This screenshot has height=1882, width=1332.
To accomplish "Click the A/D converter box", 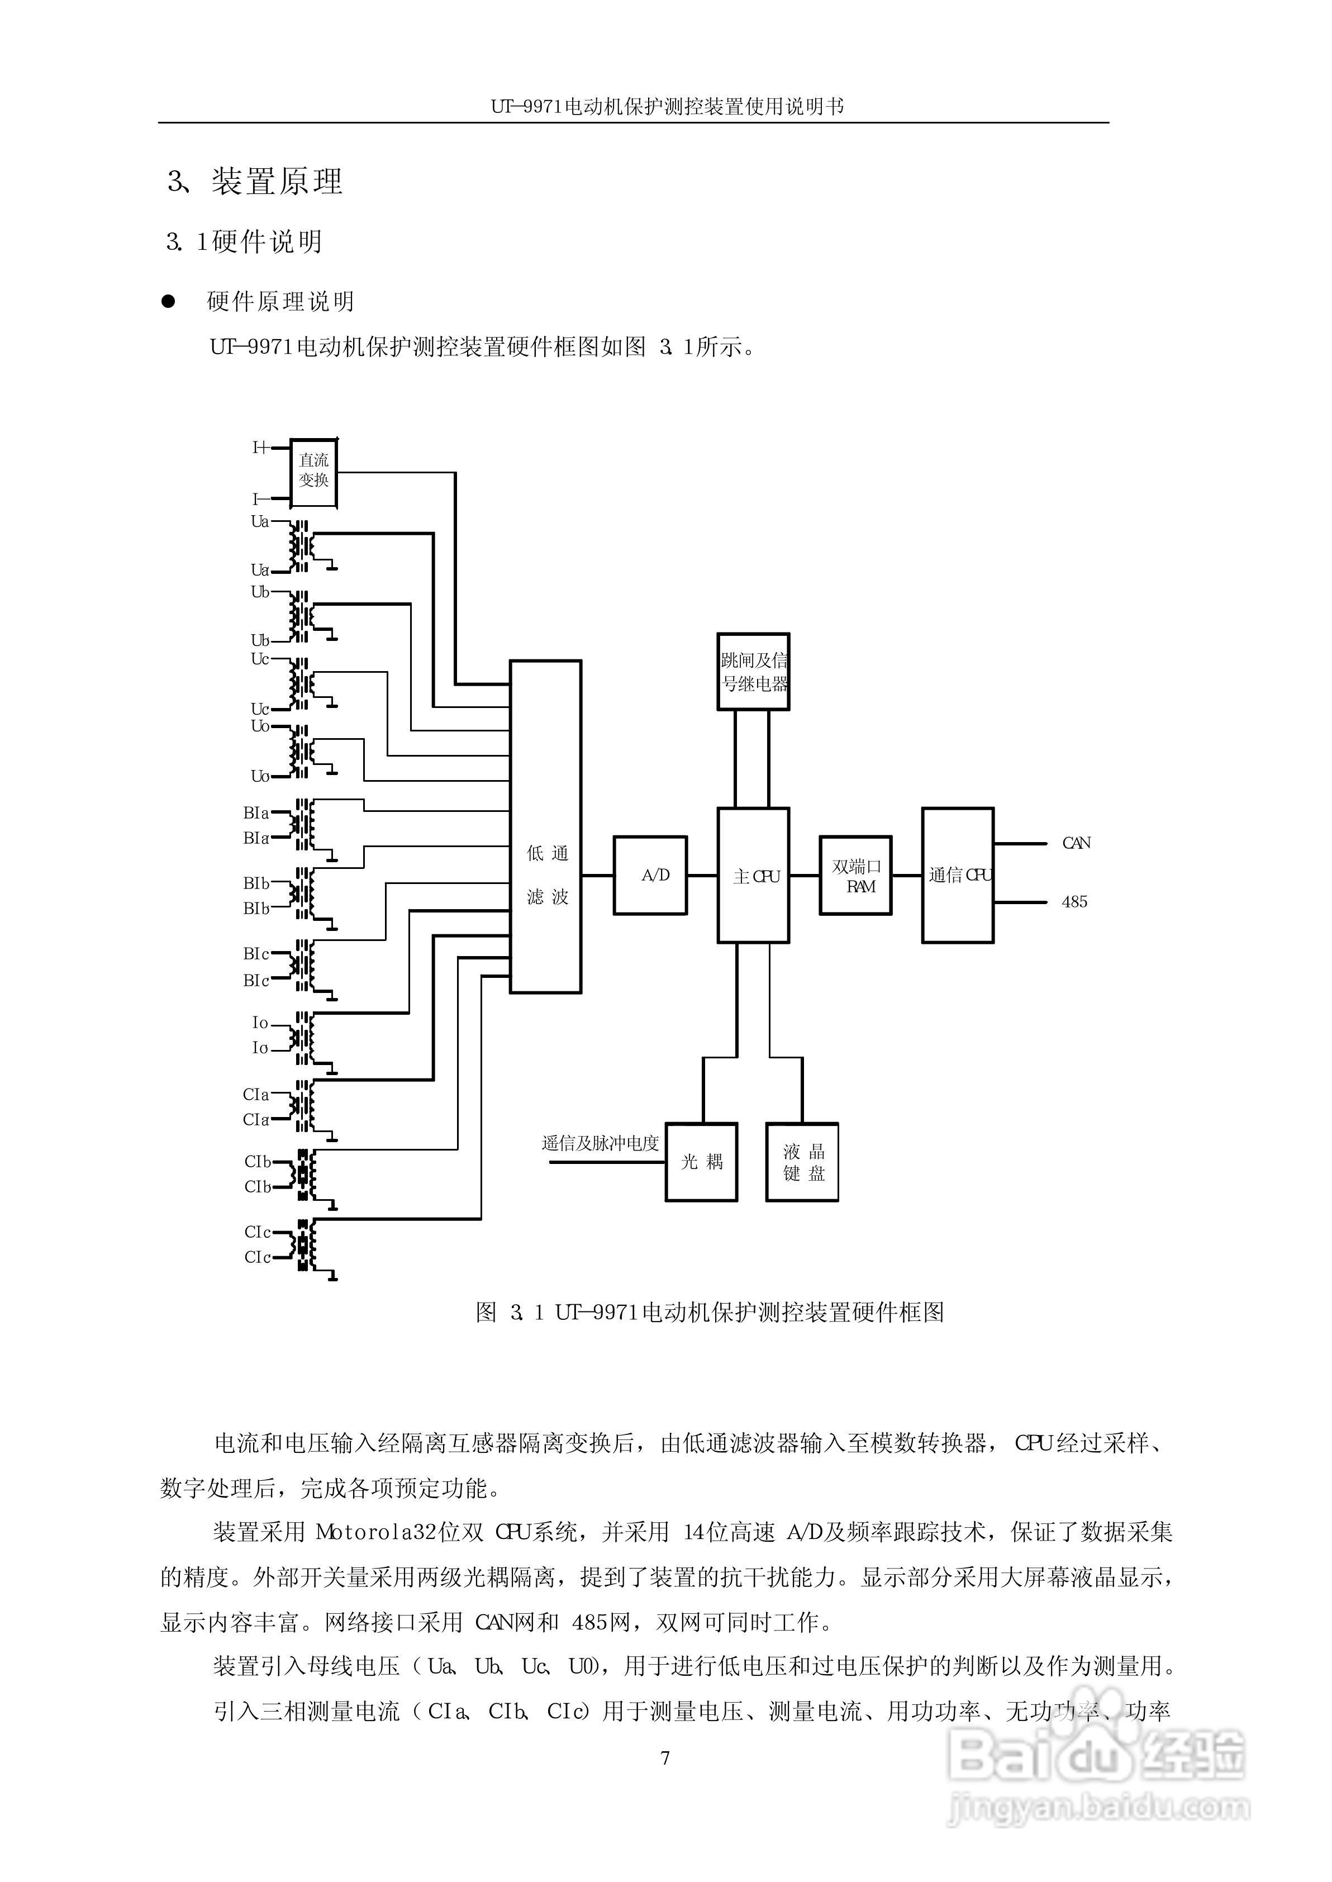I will [650, 875].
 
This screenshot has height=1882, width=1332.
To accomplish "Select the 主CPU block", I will [753, 875].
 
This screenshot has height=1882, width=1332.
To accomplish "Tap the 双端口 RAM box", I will [855, 875].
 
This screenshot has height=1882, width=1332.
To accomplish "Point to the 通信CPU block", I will [957, 875].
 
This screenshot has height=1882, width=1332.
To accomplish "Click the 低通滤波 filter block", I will [545, 826].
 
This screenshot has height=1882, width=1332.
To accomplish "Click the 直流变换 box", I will [314, 472].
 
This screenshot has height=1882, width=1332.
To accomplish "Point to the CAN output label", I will [1076, 843].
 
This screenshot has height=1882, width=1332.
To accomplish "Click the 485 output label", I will [1074, 902].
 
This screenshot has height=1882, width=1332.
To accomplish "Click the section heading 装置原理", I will [277, 181].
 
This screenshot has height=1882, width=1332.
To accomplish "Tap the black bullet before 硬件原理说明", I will [168, 302].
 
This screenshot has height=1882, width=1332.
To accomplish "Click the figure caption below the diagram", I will [710, 1312].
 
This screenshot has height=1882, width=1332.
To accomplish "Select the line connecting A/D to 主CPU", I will [702, 876].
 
